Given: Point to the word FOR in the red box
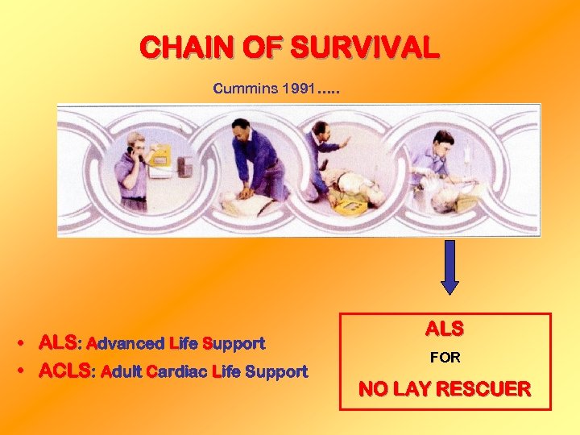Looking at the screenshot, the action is [x=445, y=358].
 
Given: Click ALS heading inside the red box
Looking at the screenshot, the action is [x=445, y=329].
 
